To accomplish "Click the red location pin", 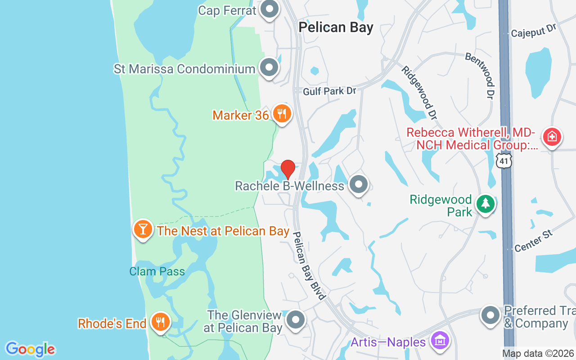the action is (288, 169).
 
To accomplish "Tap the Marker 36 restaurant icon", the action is (282, 114).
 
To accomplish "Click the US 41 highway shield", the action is (504, 160).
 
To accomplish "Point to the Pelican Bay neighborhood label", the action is (336, 27).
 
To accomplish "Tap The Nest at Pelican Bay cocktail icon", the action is (143, 229).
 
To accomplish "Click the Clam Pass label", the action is (157, 271).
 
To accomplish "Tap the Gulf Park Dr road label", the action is (329, 91).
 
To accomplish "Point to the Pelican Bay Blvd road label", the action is (309, 265).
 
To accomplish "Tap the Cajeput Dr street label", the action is (534, 31).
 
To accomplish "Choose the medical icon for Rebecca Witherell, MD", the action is (552, 136).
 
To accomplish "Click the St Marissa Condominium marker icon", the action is (270, 68).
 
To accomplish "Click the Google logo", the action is (30, 349).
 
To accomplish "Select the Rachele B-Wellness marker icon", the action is (359, 184).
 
